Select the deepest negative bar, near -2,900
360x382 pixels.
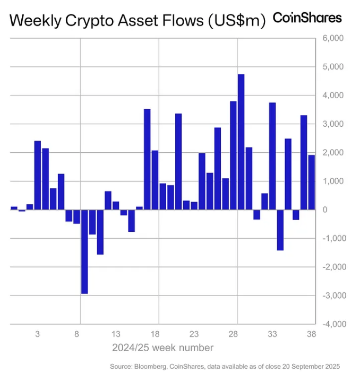click(x=84, y=251)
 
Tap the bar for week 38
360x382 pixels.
click(x=312, y=182)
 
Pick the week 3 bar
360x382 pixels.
click(x=38, y=175)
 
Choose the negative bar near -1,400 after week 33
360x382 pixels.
click(x=280, y=230)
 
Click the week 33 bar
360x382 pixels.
click(x=272, y=156)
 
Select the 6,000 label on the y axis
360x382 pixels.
click(x=333, y=39)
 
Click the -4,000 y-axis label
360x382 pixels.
click(x=332, y=324)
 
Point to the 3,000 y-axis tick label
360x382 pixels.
click(x=333, y=124)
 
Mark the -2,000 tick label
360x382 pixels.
click(x=332, y=267)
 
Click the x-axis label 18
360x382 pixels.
click(x=155, y=334)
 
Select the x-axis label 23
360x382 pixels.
click(x=194, y=334)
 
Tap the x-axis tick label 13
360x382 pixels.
click(x=116, y=334)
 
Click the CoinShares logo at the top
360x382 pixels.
click(x=307, y=18)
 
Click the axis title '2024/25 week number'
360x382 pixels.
click(x=162, y=348)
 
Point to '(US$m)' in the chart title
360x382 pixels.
click(x=235, y=21)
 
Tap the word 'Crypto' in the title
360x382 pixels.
click(x=86, y=21)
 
